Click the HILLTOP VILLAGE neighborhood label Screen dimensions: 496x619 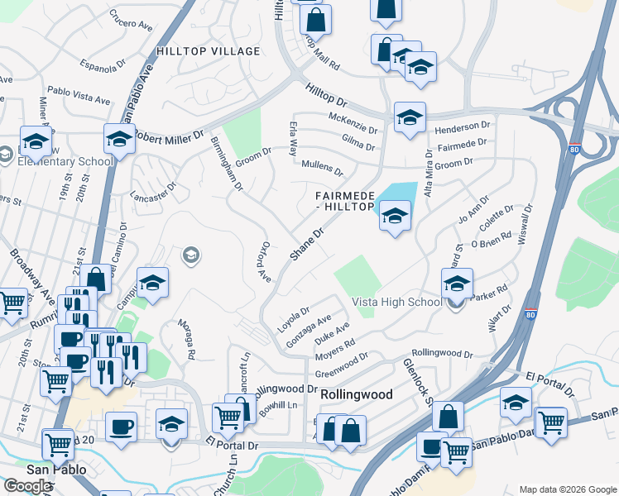(x=209, y=51)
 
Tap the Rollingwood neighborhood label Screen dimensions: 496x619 (x=356, y=395)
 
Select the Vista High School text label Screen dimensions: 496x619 (x=397, y=303)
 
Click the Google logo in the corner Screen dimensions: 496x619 (x=27, y=486)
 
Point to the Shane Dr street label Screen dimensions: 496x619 (x=305, y=246)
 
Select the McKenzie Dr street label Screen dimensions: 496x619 (x=353, y=124)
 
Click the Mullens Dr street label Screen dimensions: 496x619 (x=322, y=167)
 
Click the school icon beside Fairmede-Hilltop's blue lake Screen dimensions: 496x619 (x=395, y=217)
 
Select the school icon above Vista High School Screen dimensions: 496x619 (x=457, y=284)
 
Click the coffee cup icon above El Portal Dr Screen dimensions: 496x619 (x=122, y=427)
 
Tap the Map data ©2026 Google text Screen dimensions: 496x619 (x=567, y=489)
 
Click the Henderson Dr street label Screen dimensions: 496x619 (x=463, y=126)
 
